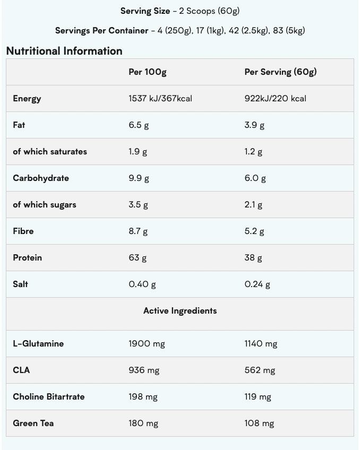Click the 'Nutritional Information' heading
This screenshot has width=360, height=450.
tap(64, 51)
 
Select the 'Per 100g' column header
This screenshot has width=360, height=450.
tap(147, 72)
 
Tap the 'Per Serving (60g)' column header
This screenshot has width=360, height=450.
tap(280, 72)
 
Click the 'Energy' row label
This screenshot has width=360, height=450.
tap(27, 98)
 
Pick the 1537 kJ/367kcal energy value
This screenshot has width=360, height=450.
tap(160, 98)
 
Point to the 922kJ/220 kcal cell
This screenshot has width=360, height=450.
tap(275, 98)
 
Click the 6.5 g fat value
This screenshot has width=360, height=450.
tap(139, 125)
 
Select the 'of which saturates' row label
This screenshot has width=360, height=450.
tap(50, 151)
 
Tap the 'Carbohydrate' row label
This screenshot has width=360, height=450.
tap(41, 178)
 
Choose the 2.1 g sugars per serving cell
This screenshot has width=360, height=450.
tap(253, 204)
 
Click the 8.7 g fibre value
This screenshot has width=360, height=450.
tap(138, 231)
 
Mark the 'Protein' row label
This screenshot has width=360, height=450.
tap(28, 257)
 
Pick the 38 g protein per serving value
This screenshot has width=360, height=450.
tap(253, 257)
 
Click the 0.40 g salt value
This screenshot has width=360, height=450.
tap(142, 284)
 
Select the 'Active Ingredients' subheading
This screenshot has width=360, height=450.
tap(180, 310)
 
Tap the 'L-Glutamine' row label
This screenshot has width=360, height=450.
tap(38, 343)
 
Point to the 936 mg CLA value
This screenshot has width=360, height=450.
tap(144, 370)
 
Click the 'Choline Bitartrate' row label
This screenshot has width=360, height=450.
tap(49, 396)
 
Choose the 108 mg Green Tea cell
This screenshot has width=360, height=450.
tap(259, 423)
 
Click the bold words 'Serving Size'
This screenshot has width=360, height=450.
tap(145, 11)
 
